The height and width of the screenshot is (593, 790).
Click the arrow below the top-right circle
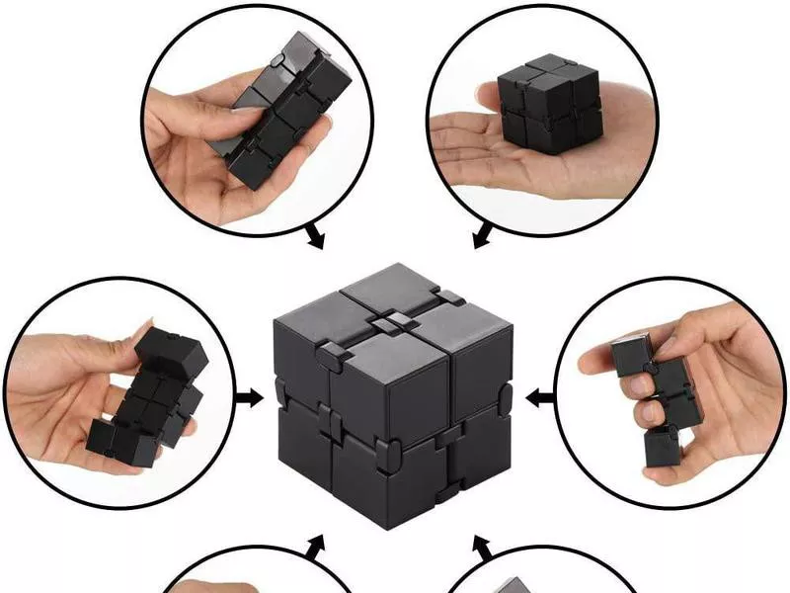click(482, 237)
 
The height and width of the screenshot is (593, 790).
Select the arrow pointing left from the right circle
click(539, 398)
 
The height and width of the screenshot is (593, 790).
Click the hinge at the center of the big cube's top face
click(395, 322)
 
